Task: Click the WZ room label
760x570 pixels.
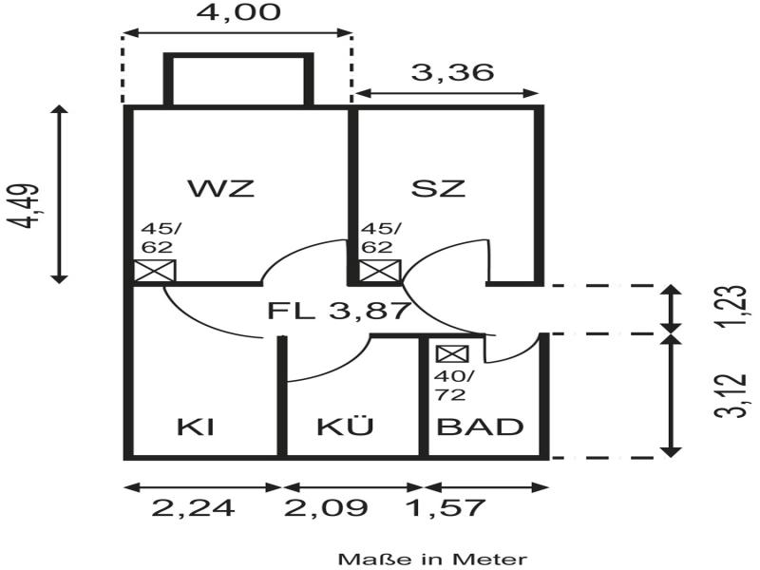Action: tap(221, 187)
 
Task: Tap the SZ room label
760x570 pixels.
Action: tap(439, 187)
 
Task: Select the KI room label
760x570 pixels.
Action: tap(195, 427)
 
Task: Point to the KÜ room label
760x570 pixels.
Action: tap(345, 427)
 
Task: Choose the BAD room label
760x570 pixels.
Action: tap(480, 427)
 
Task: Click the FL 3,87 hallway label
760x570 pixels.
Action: tap(338, 310)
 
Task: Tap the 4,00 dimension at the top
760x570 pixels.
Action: tap(237, 13)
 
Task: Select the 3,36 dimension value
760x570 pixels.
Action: tap(446, 71)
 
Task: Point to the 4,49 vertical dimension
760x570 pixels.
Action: tap(28, 206)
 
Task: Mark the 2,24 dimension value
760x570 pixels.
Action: tap(194, 508)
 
